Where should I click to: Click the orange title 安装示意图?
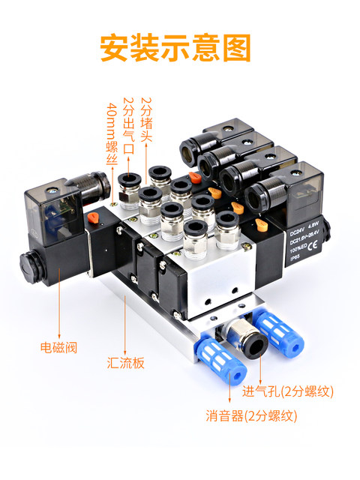point(175,47)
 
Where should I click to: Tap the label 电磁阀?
point(59,348)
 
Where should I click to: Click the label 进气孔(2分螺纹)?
point(288,391)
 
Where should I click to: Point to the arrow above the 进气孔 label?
point(259,370)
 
